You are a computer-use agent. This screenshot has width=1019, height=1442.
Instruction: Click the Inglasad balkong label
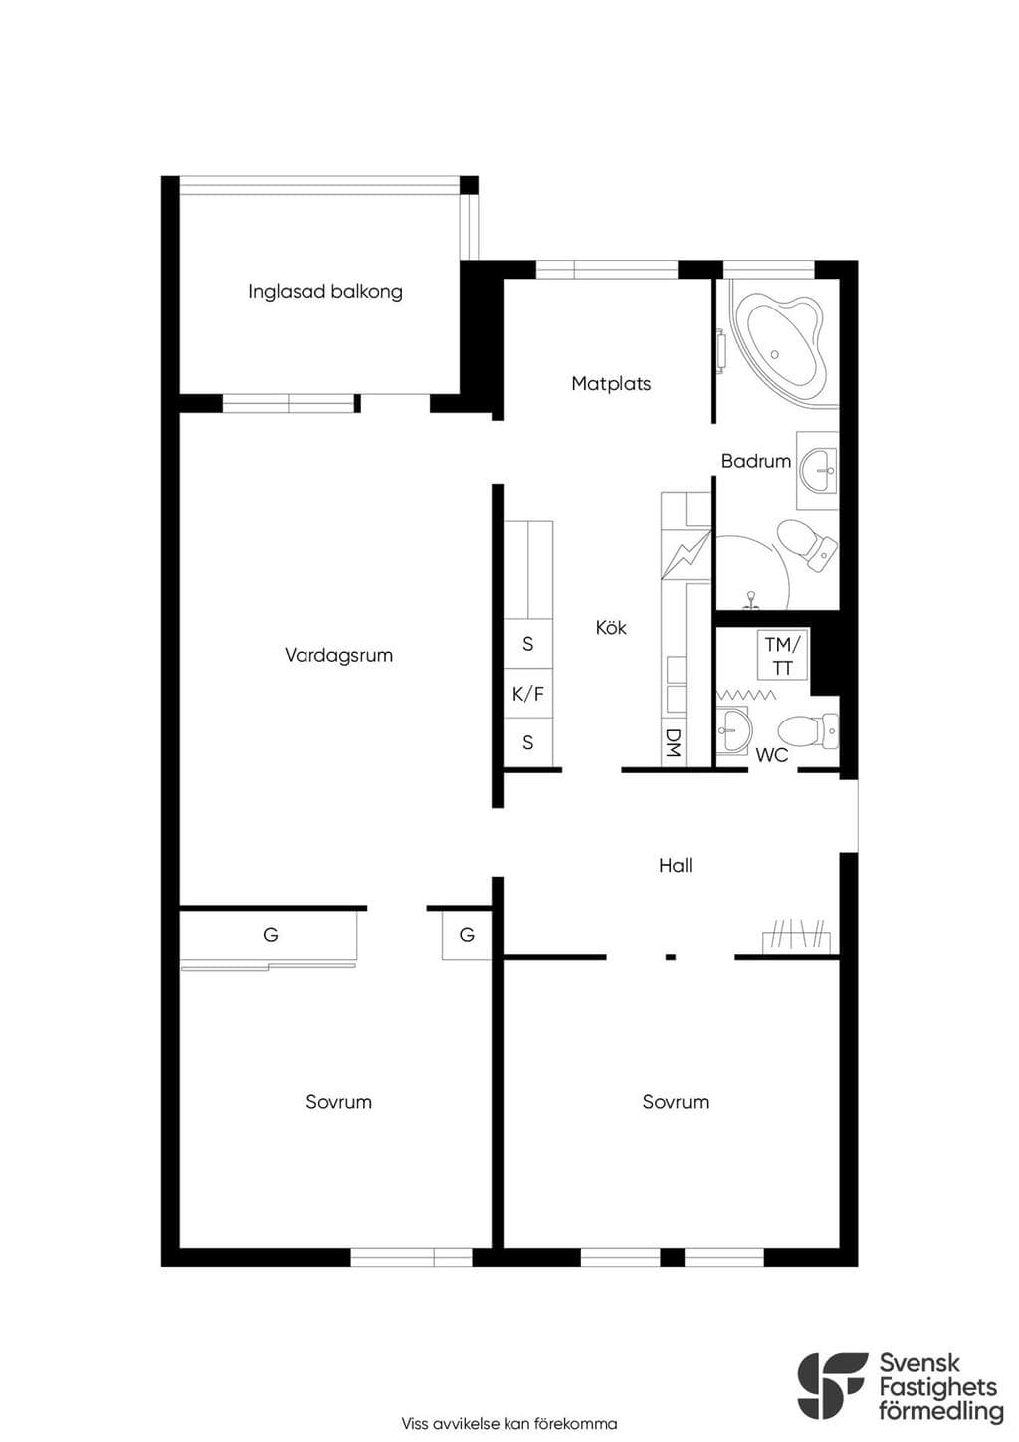point(325,292)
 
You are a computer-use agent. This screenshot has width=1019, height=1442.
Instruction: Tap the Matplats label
point(611,384)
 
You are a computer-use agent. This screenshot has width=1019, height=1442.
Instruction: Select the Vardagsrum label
point(338,656)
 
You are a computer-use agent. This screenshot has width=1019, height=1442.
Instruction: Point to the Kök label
point(611,627)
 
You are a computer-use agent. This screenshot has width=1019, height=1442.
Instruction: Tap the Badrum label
point(755,461)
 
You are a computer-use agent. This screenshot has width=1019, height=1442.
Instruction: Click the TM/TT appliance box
point(782,656)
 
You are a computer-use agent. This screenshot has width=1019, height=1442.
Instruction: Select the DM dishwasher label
point(673,742)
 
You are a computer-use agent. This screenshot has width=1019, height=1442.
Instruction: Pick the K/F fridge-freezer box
point(527,694)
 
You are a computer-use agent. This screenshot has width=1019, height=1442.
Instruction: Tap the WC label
point(772,754)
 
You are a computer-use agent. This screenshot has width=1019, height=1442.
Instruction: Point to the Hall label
point(676,865)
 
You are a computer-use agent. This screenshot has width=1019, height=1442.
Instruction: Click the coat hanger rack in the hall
point(799,936)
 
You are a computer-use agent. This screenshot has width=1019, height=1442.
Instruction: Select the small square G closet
point(467,935)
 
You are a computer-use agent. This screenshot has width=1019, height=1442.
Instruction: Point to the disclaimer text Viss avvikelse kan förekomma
point(509,1423)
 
